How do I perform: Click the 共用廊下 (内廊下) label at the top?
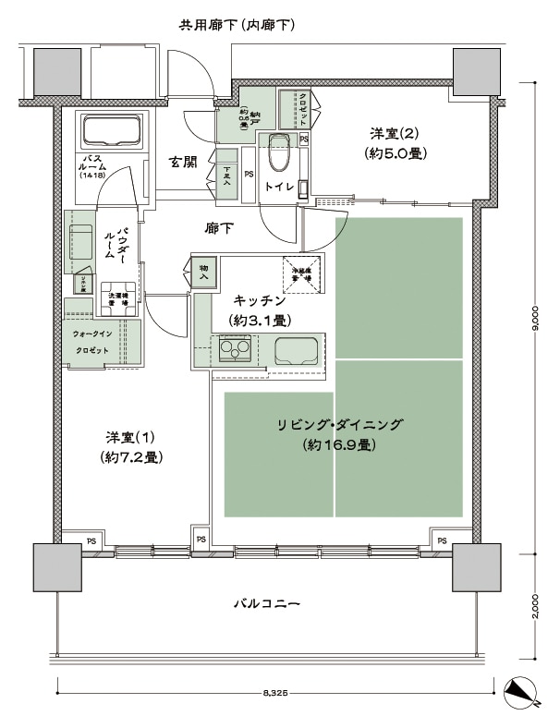click(x=237, y=25)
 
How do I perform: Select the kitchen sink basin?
click(x=297, y=350)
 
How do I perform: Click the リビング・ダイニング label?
click(x=339, y=433)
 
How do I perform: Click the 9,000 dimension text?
click(x=535, y=320)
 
